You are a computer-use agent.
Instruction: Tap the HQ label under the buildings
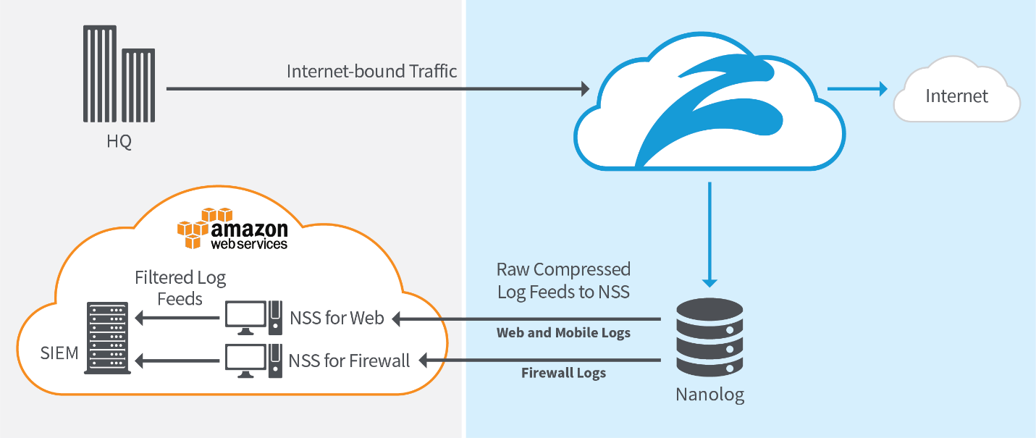119,141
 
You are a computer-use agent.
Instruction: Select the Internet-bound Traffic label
372,71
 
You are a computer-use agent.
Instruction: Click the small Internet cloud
956,95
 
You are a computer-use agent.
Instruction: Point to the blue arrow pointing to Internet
858,89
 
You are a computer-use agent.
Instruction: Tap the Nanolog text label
709,395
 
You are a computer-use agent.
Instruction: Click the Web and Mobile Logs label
563,333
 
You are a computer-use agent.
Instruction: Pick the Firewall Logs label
563,374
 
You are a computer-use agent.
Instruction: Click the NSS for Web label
337,318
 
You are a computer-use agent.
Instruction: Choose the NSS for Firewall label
350,360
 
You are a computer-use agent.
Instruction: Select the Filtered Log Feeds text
180,287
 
